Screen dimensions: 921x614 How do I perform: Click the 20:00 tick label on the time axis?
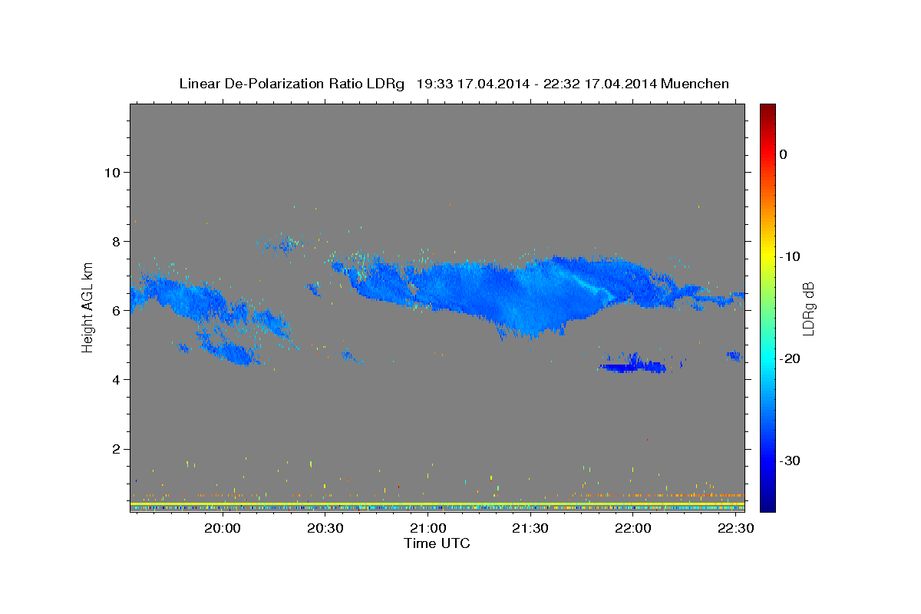click(x=223, y=528)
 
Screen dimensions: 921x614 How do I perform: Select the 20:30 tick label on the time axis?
click(x=325, y=528)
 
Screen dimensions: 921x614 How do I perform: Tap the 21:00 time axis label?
click(x=428, y=528)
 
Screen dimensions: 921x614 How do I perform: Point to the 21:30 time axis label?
click(x=530, y=528)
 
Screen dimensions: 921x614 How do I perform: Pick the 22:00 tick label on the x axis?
click(x=633, y=528)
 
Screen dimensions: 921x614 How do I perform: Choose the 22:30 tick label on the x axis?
click(x=735, y=528)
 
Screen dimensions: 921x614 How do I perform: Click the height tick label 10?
click(x=112, y=173)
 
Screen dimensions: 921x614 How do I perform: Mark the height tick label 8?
click(x=117, y=242)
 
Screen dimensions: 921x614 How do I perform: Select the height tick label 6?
click(x=117, y=311)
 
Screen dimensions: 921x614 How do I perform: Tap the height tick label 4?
click(x=117, y=380)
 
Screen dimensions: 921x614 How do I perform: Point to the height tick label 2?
click(x=117, y=449)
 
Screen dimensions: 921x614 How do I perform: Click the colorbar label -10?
click(x=790, y=256)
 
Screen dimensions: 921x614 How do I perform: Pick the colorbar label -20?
click(x=790, y=358)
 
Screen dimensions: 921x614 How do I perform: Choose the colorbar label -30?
click(x=790, y=460)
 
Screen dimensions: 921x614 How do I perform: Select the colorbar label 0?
click(x=784, y=154)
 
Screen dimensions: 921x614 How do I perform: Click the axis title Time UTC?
click(x=437, y=543)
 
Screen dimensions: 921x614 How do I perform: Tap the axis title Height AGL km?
click(x=87, y=308)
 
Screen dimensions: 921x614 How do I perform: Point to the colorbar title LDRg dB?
click(x=808, y=309)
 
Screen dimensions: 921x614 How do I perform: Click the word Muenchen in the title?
click(x=695, y=84)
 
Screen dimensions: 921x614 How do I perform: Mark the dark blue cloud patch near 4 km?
click(x=633, y=365)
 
